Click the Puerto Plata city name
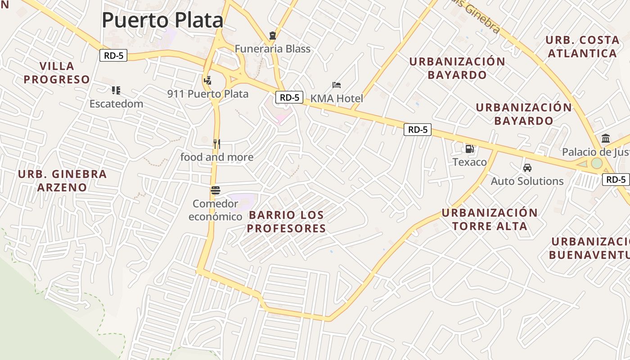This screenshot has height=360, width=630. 162,20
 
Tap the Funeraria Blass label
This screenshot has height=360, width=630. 273,49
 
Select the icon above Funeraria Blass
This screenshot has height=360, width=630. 272,36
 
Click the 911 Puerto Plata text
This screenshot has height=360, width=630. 208,94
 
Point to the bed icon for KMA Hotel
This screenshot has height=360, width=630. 337,85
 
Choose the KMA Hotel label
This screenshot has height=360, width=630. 337,98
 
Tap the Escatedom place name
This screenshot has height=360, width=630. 116,103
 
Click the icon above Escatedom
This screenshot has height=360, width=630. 116,90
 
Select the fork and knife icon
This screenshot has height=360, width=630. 217,144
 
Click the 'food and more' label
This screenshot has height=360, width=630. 217,157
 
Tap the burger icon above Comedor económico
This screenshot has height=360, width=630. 215,190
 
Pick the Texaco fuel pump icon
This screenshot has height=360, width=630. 469,148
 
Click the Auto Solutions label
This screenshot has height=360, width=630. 527,181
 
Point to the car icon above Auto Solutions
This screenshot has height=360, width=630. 527,168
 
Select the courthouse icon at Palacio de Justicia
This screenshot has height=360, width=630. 605,139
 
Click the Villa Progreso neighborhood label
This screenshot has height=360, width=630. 57,73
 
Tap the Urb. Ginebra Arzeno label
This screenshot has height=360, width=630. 62,180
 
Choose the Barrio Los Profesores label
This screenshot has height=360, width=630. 286,221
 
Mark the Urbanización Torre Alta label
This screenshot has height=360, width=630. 490,219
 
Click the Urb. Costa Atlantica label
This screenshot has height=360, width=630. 582,47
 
